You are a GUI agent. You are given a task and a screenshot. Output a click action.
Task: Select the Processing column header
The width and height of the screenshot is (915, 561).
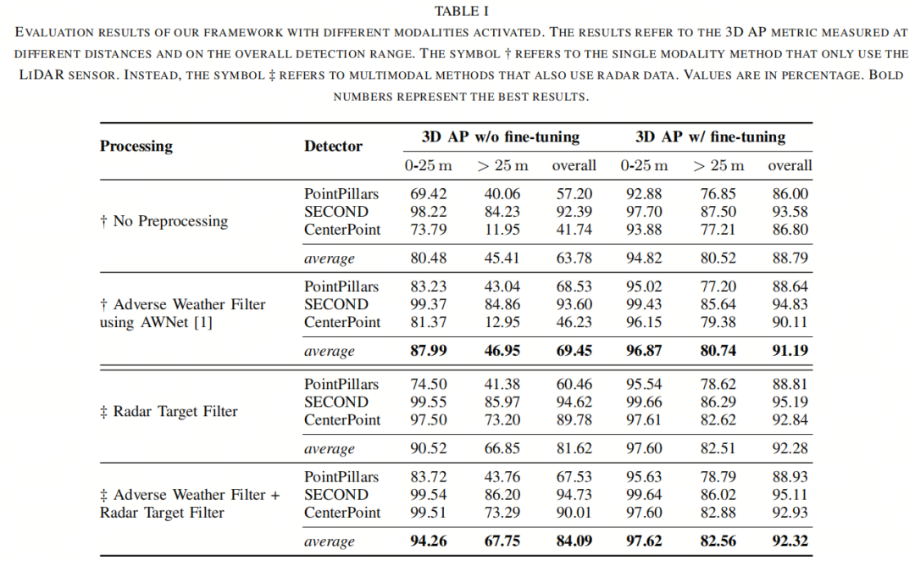[x=136, y=146]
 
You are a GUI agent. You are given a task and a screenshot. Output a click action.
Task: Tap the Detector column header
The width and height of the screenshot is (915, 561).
[x=333, y=146]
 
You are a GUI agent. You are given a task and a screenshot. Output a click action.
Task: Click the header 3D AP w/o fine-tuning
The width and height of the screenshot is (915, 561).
[x=501, y=136]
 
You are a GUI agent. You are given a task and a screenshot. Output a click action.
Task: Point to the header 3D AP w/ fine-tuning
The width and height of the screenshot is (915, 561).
[x=710, y=136]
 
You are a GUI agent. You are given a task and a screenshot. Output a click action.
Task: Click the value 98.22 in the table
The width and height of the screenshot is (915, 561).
[x=428, y=212]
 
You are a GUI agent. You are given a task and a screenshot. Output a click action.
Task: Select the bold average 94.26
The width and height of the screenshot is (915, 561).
[x=428, y=541]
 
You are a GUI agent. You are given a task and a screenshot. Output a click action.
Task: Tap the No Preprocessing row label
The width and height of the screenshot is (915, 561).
[x=164, y=221]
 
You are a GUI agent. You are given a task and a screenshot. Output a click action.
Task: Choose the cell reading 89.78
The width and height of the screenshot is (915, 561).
[x=574, y=419]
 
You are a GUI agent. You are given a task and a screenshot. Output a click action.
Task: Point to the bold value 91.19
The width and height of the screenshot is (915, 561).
[x=790, y=351]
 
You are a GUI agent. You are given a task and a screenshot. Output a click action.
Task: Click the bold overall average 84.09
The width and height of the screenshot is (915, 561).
[x=574, y=541]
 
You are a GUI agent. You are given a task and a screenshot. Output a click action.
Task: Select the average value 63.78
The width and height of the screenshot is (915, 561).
[x=574, y=258]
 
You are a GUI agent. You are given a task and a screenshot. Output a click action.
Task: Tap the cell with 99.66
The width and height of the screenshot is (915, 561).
[x=645, y=402]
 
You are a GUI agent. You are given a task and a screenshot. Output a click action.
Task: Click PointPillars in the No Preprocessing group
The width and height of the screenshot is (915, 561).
[x=341, y=194]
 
